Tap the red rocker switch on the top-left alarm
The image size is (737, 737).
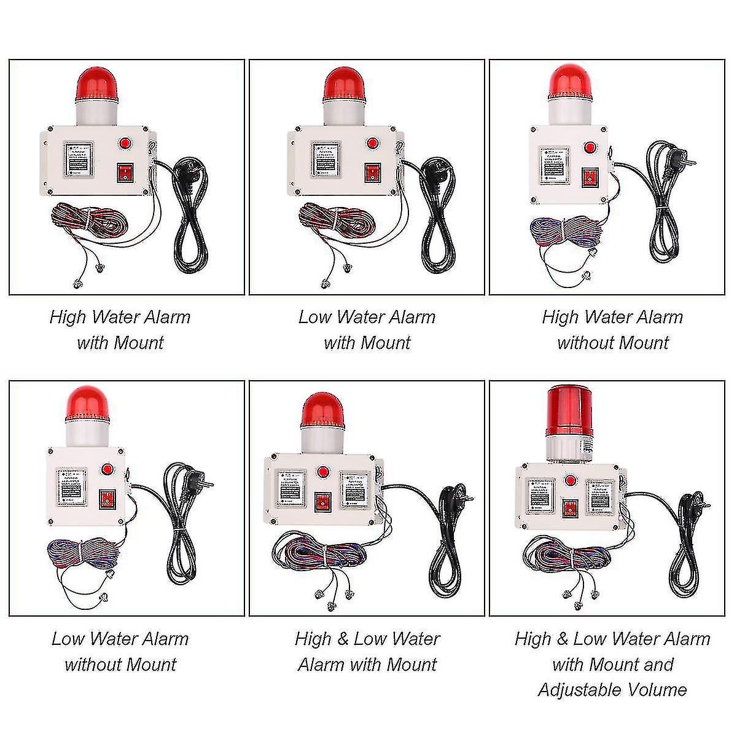click(x=125, y=173)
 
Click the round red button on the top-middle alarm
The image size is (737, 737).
click(x=372, y=144)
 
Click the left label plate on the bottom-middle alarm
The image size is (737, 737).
click(x=291, y=489)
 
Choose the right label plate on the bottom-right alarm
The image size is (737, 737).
click(x=599, y=496)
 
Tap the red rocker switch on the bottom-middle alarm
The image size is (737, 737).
click(x=322, y=502)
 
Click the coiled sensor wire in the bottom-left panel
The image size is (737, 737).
click(x=79, y=551)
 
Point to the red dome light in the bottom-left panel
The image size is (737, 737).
click(x=87, y=405)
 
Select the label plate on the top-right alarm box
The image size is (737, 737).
click(x=555, y=166)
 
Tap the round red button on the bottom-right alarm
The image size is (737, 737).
click(x=571, y=481)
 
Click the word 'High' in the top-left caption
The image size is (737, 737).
click(x=69, y=317)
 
